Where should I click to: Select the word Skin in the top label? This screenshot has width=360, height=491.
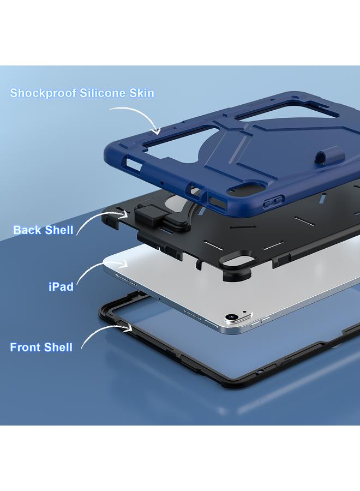[142, 93]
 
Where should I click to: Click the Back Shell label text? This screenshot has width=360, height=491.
[43, 230]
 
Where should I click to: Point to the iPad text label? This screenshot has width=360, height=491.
[61, 286]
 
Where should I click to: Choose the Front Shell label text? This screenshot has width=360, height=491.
[41, 347]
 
